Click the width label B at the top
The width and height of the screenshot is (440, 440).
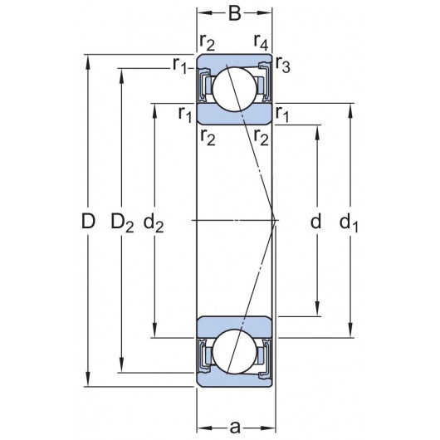pos(235,14)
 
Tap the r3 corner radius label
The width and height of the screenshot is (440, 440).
pos(282,68)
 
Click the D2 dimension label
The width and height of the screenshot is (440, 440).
pos(123,222)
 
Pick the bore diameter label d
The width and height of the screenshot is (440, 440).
pos(315,222)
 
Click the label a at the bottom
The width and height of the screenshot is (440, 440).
pos(235,427)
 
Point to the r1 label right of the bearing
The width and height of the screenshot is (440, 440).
pos(282,113)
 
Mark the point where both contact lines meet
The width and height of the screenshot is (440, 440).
pos(276,220)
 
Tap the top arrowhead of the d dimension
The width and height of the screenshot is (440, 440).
pos(315,130)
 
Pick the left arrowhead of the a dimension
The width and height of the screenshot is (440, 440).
pos(201,427)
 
